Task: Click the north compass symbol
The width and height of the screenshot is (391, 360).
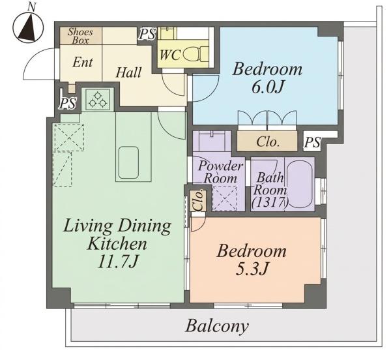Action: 28,27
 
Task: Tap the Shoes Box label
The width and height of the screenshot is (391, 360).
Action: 80,36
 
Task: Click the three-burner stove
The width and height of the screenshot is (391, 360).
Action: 98,99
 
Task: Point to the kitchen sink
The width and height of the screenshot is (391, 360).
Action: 128,162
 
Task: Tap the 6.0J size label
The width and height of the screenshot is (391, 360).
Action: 268,87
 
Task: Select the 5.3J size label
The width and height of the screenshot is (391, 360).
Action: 252,269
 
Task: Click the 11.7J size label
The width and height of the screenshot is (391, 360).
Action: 118,262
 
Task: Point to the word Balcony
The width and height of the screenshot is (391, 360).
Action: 217,326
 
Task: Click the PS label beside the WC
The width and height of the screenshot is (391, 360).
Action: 147,34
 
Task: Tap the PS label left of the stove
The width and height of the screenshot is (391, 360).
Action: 68,103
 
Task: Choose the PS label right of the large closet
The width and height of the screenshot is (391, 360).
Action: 312,143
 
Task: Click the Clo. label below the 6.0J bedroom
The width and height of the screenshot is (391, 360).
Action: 268,142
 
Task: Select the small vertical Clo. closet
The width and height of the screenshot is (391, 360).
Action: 197,201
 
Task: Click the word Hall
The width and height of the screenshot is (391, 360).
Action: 128,72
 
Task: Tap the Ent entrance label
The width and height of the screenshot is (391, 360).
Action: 83,62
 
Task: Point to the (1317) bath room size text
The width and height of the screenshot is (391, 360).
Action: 270,202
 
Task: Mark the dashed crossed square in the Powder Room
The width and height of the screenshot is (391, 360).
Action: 225,199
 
